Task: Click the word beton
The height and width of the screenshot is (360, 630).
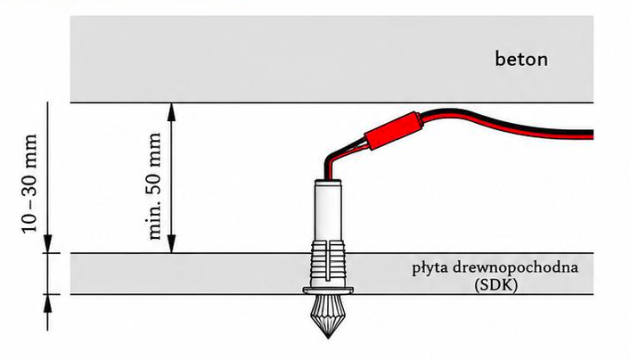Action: click(x=521, y=59)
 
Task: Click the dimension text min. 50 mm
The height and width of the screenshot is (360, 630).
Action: click(x=155, y=186)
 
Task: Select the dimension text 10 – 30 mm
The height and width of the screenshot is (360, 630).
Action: click(x=29, y=184)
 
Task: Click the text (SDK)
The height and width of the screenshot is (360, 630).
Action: click(x=495, y=285)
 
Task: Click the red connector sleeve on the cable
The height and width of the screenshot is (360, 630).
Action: click(x=393, y=131)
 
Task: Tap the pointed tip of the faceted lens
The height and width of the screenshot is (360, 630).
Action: click(x=328, y=339)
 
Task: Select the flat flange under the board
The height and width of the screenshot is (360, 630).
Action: click(x=328, y=290)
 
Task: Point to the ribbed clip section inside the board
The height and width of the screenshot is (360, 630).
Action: click(x=328, y=264)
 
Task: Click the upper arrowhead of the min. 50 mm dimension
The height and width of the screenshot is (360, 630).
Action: click(x=172, y=111)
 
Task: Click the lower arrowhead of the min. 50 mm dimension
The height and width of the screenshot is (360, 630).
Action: click(x=172, y=244)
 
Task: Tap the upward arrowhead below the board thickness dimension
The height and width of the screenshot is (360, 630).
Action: click(x=48, y=303)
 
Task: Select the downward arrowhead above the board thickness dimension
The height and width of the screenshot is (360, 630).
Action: click(x=48, y=244)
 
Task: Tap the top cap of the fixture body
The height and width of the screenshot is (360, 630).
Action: click(x=328, y=182)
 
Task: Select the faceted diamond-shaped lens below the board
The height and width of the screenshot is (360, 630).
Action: click(x=328, y=315)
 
